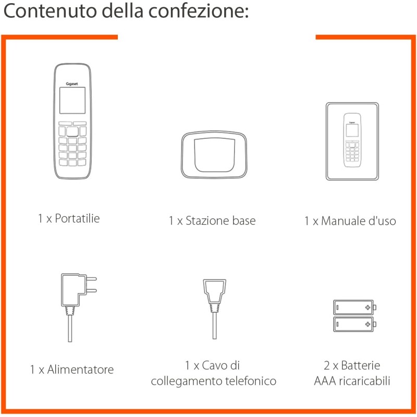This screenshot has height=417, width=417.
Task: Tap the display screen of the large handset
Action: [x=72, y=100]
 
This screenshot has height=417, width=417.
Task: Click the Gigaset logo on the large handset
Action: [x=72, y=82]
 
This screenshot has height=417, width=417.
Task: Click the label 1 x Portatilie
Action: [x=69, y=218]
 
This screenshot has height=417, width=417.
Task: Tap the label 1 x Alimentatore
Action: [x=71, y=370]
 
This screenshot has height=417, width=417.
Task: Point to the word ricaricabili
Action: [x=364, y=381]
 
